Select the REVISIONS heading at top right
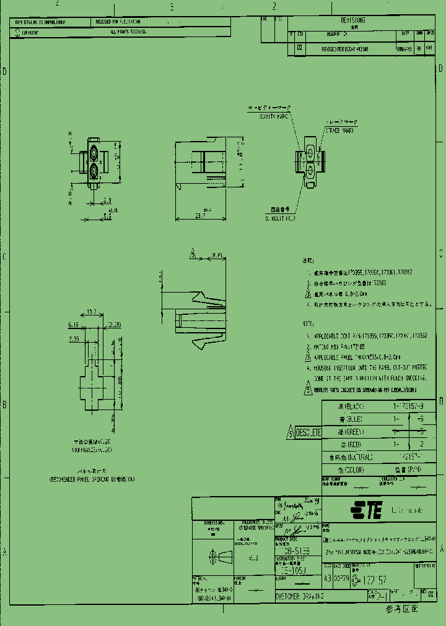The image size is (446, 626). [352, 20]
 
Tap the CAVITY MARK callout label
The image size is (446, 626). [274, 115]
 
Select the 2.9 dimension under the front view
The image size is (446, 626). [107, 200]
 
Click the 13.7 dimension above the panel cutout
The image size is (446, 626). [92, 312]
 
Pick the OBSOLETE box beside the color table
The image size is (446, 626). [308, 432]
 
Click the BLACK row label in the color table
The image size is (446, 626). [351, 406]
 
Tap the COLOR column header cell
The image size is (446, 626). [351, 469]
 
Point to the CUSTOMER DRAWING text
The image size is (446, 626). [300, 596]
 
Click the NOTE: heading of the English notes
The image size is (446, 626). [308, 324]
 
